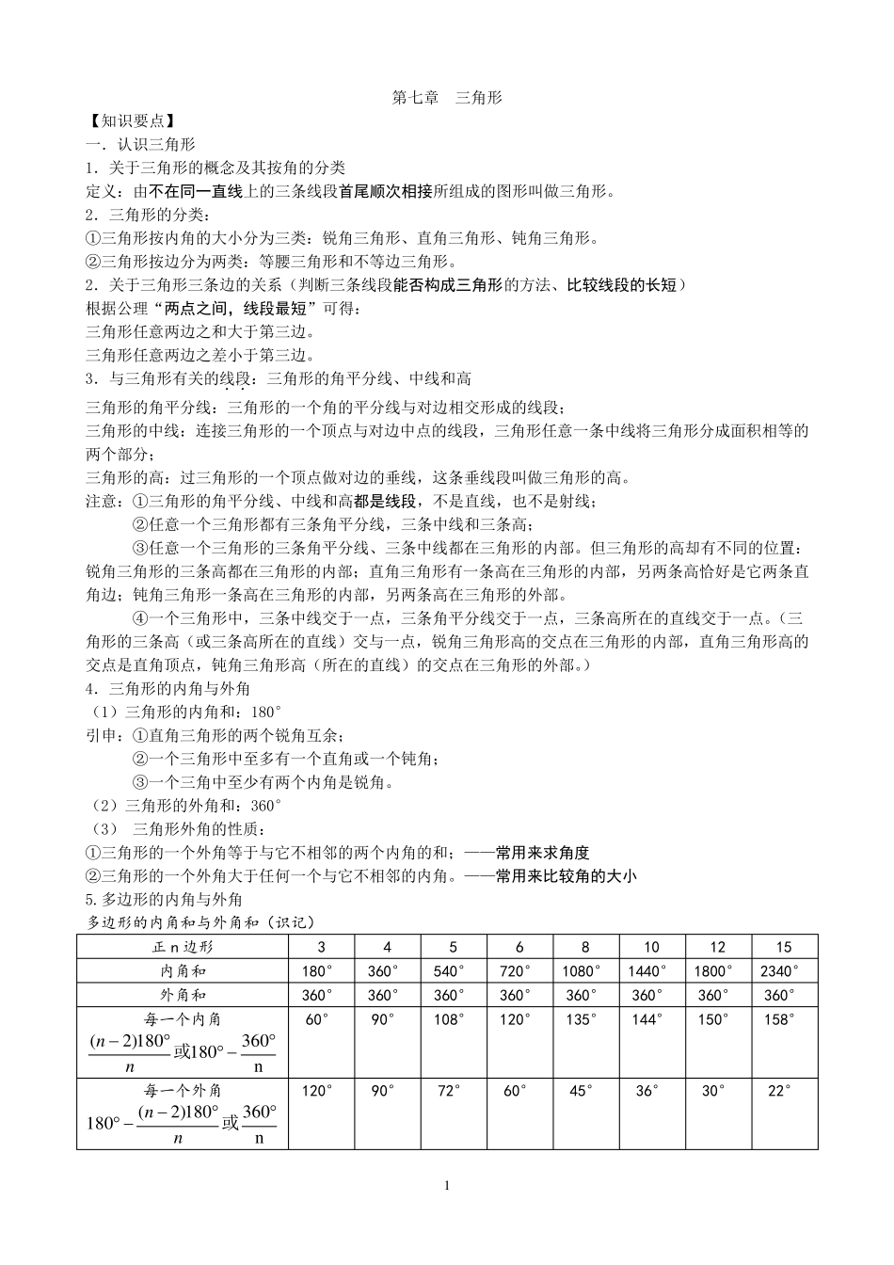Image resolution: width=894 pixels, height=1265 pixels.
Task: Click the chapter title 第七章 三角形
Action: [447, 98]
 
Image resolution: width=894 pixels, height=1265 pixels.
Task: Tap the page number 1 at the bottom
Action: [447, 1185]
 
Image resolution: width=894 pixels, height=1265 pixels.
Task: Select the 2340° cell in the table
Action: [779, 971]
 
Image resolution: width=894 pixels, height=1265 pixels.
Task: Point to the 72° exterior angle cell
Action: [449, 1091]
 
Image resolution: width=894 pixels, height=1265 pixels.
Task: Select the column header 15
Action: [783, 947]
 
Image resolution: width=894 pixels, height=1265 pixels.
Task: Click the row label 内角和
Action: [184, 971]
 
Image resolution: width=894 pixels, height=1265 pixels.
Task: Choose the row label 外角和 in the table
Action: [184, 995]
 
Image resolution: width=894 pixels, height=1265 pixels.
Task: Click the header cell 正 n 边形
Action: [184, 947]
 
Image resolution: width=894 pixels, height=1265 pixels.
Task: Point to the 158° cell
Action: [779, 1019]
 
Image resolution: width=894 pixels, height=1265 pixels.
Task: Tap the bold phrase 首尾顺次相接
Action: [387, 192]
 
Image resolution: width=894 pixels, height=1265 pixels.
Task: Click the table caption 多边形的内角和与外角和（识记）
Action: [200, 922]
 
